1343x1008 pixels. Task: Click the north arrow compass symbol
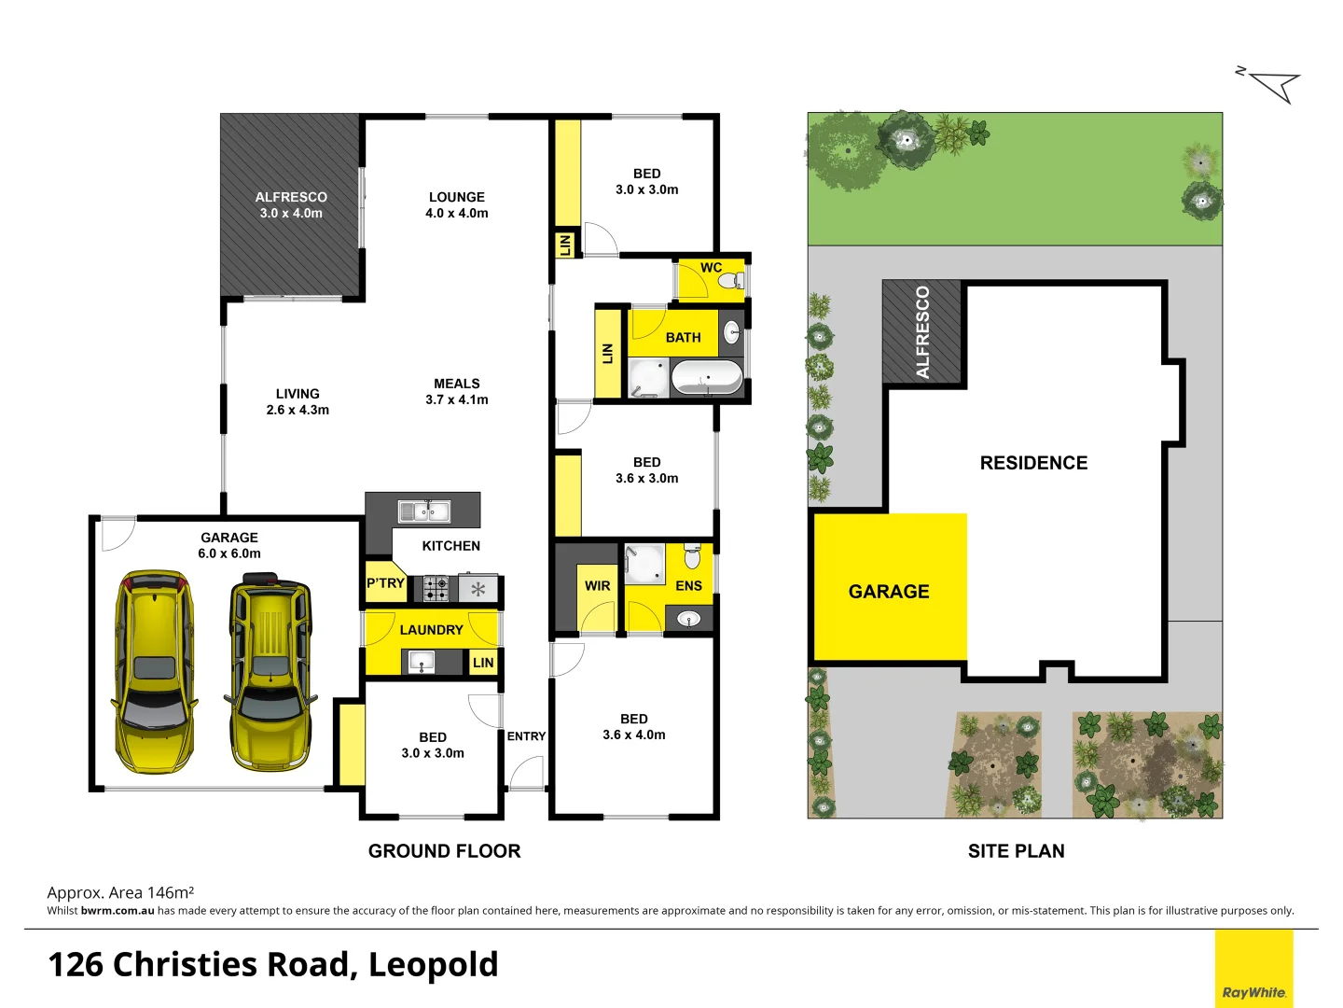1274,85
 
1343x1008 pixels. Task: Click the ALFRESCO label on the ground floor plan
291,197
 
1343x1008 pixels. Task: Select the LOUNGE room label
456,197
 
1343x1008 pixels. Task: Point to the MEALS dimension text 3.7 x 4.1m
456,399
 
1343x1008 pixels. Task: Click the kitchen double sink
424,511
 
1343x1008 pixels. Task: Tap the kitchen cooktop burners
436,588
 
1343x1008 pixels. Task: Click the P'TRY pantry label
384,583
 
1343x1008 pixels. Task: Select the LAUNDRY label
431,630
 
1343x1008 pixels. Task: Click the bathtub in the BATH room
707,378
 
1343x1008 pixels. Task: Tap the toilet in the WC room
732,280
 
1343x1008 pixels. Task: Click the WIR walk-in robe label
597,586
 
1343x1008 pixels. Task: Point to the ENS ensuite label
688,586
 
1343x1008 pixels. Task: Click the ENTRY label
526,736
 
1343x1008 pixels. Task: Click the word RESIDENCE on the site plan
1033,463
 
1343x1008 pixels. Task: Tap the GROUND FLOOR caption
444,851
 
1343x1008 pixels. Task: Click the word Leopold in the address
433,964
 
